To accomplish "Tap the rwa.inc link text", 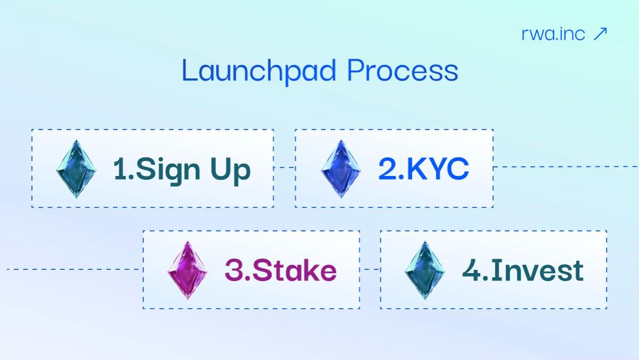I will [553, 34].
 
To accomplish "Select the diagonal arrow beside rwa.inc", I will [600, 34].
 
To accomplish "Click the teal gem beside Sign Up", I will [77, 169].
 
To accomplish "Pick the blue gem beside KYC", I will [341, 169].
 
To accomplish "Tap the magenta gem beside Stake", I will [188, 270].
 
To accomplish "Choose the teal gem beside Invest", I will [425, 270].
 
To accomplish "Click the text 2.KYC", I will [424, 169].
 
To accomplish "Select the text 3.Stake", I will [280, 270].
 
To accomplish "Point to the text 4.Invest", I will [523, 270].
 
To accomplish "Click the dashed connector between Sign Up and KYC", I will [285, 167].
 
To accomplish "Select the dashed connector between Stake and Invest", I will [370, 269].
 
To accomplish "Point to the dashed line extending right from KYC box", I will [565, 166].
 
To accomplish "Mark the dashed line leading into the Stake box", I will [75, 269].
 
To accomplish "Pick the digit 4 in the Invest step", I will [471, 270].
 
